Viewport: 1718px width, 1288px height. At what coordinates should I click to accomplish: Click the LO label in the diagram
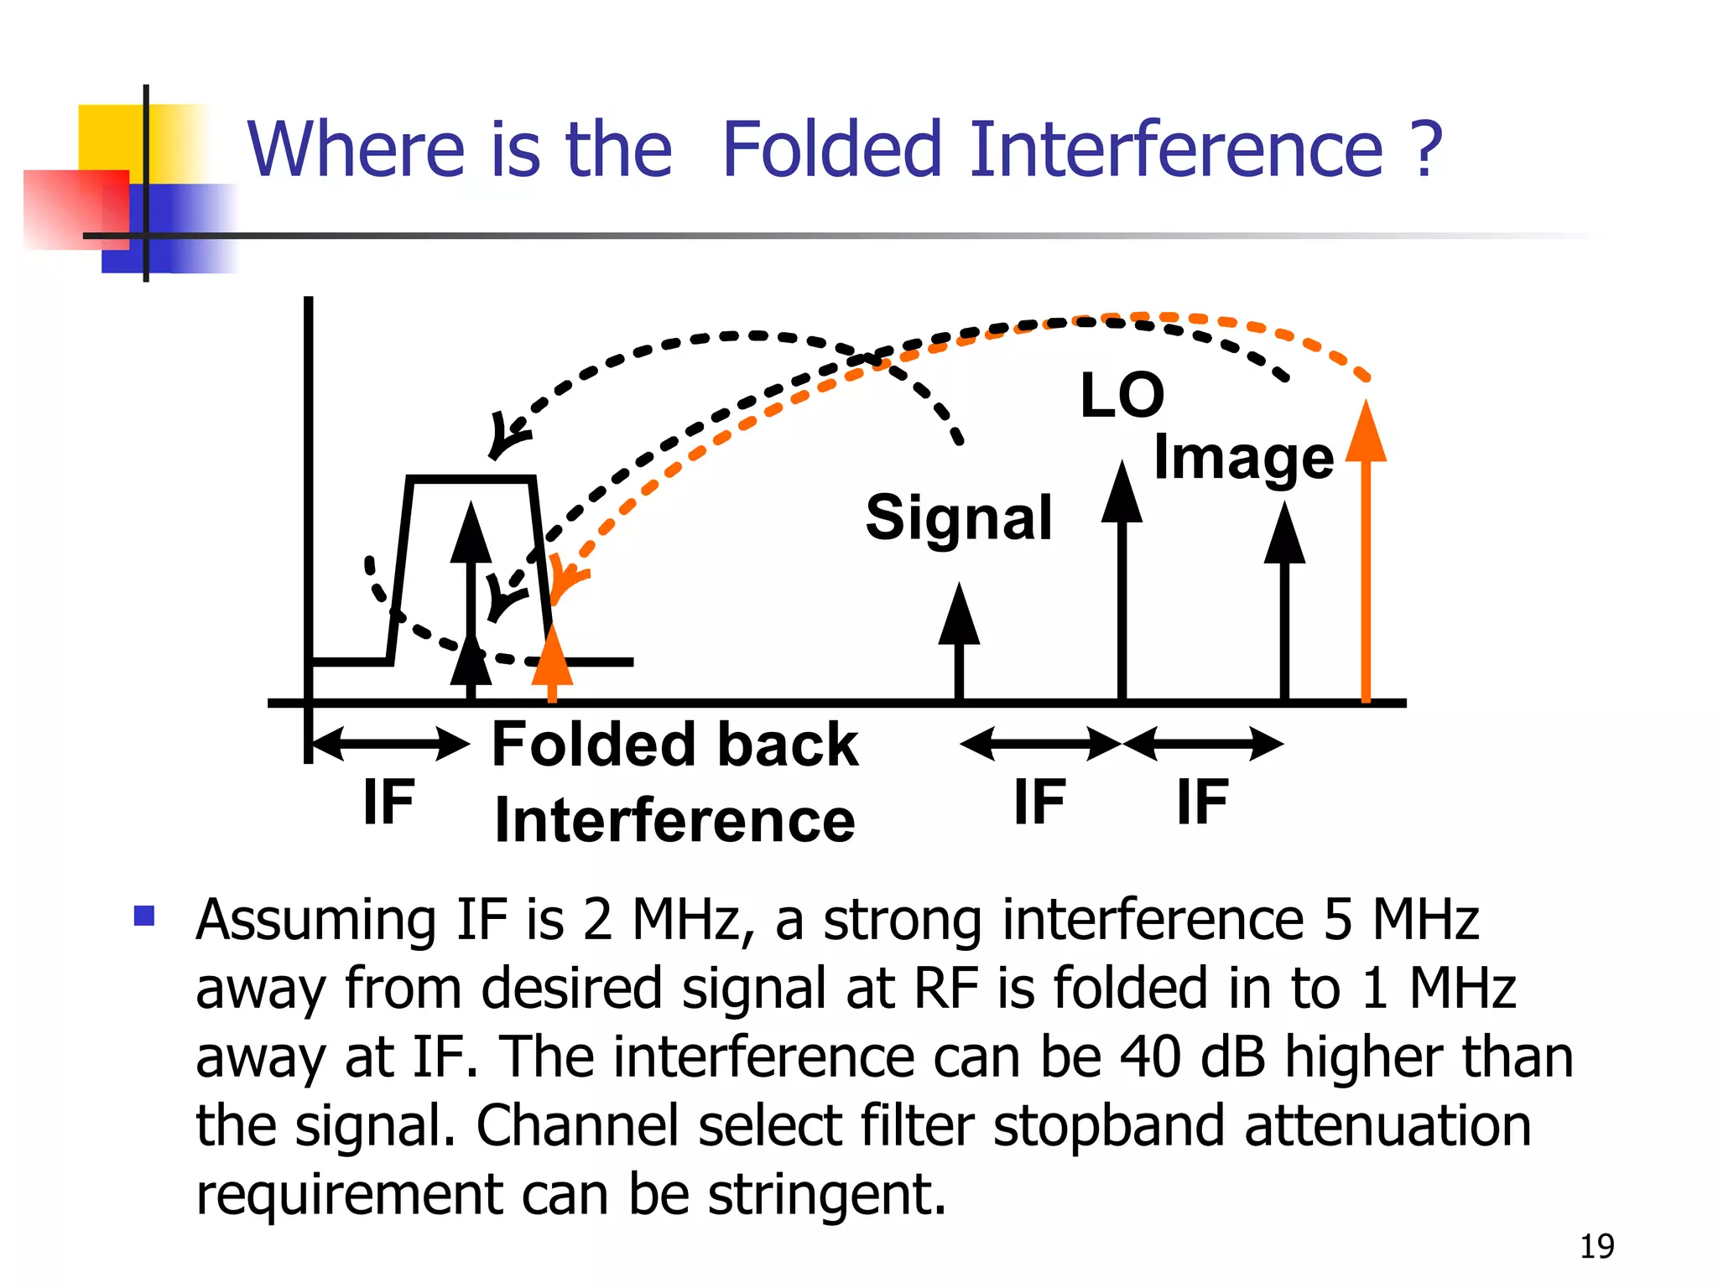(x=1122, y=396)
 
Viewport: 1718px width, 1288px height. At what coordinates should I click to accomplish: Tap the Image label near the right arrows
(x=1243, y=459)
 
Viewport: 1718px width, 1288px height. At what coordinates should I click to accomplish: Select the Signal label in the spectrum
(x=958, y=517)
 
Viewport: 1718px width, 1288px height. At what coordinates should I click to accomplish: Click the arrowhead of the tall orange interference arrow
(x=1366, y=432)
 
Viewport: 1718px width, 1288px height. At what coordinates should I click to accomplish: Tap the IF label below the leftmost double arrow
(x=388, y=802)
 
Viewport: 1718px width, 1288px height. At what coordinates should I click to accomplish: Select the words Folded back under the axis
(x=674, y=745)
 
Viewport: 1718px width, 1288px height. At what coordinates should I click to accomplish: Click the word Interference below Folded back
(x=674, y=820)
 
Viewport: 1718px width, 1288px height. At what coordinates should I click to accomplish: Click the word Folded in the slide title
(x=831, y=150)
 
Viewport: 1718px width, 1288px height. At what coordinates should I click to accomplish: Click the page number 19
(x=1596, y=1247)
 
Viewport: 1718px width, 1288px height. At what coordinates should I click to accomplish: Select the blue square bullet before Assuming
(x=144, y=915)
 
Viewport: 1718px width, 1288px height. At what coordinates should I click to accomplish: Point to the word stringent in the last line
(x=826, y=1194)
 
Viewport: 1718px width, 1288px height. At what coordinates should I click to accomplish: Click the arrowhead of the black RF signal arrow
(x=959, y=615)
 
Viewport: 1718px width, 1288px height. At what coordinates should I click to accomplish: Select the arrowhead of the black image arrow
(x=1284, y=534)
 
